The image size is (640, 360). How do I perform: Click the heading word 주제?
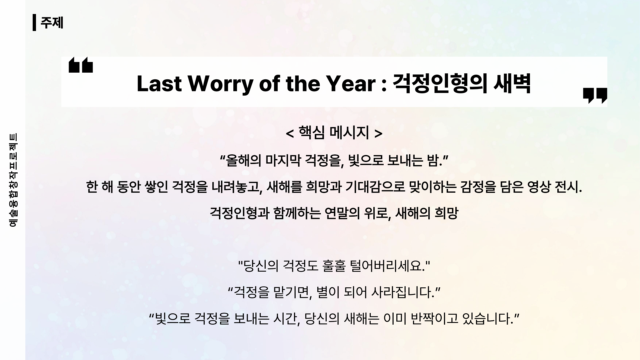[52, 23]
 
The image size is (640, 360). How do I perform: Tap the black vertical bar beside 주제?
[34, 23]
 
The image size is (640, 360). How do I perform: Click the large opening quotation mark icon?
[81, 65]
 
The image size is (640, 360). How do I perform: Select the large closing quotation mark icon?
[595, 96]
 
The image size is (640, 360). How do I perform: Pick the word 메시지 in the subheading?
[349, 133]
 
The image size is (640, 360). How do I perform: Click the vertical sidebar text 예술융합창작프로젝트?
[13, 180]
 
